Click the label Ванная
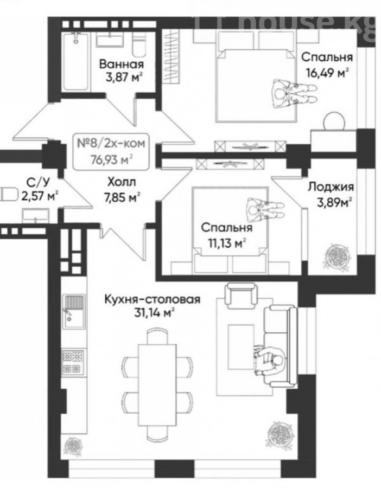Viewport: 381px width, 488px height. click(x=122, y=65)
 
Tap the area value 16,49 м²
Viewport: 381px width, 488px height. click(x=325, y=73)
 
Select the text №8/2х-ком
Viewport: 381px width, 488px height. click(x=111, y=144)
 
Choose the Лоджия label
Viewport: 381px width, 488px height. click(x=331, y=188)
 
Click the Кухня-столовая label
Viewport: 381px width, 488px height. click(x=153, y=299)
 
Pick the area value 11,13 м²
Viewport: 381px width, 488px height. click(x=226, y=243)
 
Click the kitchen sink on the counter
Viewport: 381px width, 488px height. click(x=74, y=312)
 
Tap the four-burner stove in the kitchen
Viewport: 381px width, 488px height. click(x=73, y=362)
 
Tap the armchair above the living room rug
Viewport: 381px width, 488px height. click(x=241, y=295)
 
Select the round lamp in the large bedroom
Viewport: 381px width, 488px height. click(x=334, y=122)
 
